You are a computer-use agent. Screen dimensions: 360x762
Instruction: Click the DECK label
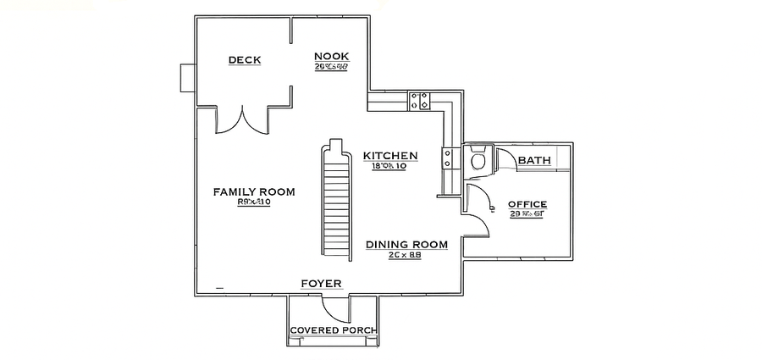tap(245, 60)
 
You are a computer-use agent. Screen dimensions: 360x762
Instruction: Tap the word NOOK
tap(332, 56)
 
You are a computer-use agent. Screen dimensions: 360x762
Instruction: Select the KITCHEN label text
tap(389, 156)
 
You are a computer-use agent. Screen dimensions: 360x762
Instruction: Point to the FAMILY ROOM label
tap(254, 192)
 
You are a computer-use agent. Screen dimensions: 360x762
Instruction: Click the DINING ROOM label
tap(406, 245)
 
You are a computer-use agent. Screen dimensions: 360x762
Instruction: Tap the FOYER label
tap(321, 283)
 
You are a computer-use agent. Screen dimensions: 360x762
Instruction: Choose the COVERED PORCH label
tap(333, 330)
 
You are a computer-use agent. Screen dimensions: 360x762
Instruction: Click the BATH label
tap(534, 160)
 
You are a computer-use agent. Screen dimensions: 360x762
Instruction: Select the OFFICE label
tap(527, 204)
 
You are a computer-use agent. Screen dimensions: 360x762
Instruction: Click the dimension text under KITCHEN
tap(389, 167)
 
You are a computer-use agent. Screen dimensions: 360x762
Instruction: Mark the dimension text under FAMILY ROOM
tap(253, 202)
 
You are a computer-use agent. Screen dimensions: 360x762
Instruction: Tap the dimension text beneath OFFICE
tap(527, 215)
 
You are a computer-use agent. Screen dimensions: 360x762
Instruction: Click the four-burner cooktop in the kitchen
tap(420, 101)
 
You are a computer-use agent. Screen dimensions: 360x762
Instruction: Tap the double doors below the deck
tap(242, 121)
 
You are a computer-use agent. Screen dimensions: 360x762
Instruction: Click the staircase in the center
tap(336, 200)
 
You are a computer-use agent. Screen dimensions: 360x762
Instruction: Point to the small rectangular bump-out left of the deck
tap(187, 77)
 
